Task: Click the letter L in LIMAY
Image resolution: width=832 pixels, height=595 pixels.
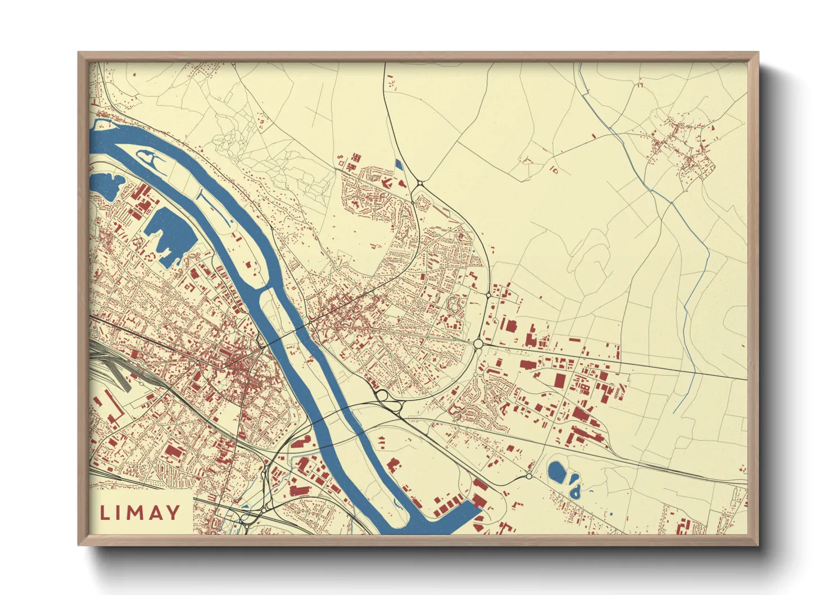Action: pos(105,512)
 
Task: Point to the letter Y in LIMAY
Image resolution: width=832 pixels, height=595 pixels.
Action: pos(172,512)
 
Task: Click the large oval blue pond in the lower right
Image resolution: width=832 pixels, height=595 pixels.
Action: pos(557,472)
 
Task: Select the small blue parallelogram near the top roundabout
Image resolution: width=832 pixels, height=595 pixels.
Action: pos(399,164)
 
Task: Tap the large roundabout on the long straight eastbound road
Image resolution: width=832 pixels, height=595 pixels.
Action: pos(478,343)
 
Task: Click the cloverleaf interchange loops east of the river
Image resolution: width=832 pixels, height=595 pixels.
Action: pos(384,396)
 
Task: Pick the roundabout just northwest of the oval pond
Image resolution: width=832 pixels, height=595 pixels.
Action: pos(528,476)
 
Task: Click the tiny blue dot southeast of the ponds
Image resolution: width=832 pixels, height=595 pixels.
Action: pos(611,514)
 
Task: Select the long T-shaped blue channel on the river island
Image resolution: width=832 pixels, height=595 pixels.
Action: pos(214,205)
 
